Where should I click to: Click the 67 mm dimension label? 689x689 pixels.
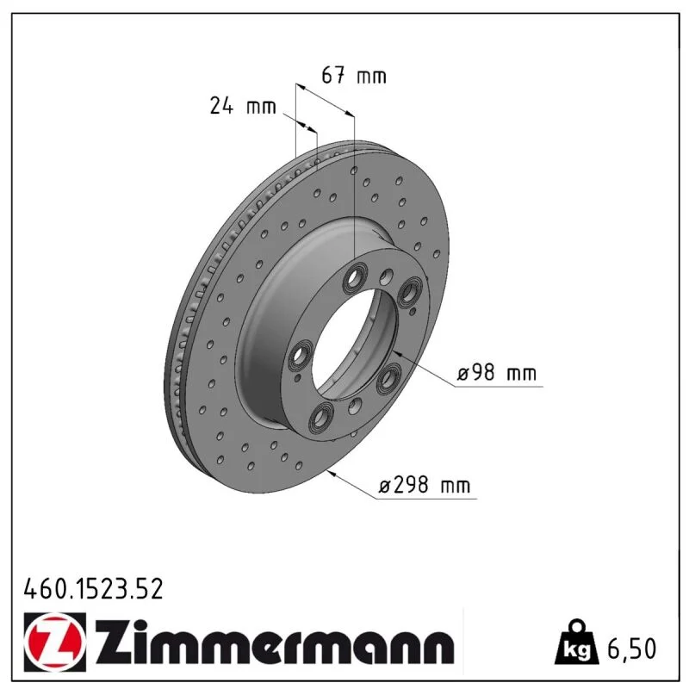click(x=354, y=75)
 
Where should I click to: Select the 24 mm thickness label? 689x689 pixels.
click(x=243, y=106)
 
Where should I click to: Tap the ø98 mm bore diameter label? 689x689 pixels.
click(x=497, y=373)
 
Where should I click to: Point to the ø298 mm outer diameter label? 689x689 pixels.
click(x=425, y=485)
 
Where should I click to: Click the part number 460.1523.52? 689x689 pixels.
click(x=93, y=588)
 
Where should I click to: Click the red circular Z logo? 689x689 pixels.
click(x=55, y=642)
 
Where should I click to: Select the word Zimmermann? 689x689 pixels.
click(x=274, y=642)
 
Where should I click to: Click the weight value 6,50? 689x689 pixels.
click(x=631, y=649)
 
